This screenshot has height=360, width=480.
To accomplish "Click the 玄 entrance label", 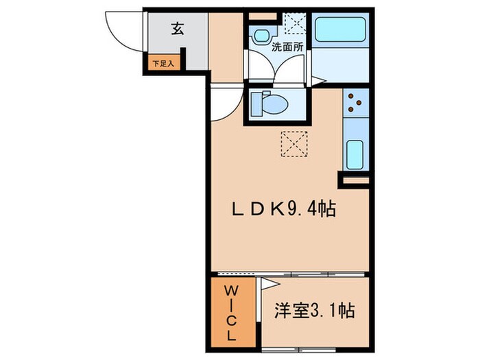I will (177, 29).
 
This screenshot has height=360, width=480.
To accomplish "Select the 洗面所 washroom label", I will (283, 48).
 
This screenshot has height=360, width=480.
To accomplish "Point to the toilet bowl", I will (266, 105).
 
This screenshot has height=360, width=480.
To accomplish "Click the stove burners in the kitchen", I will (355, 103).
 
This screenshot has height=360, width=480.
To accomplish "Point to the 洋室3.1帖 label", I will (315, 311).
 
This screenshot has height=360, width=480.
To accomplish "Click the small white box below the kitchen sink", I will (355, 180).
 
